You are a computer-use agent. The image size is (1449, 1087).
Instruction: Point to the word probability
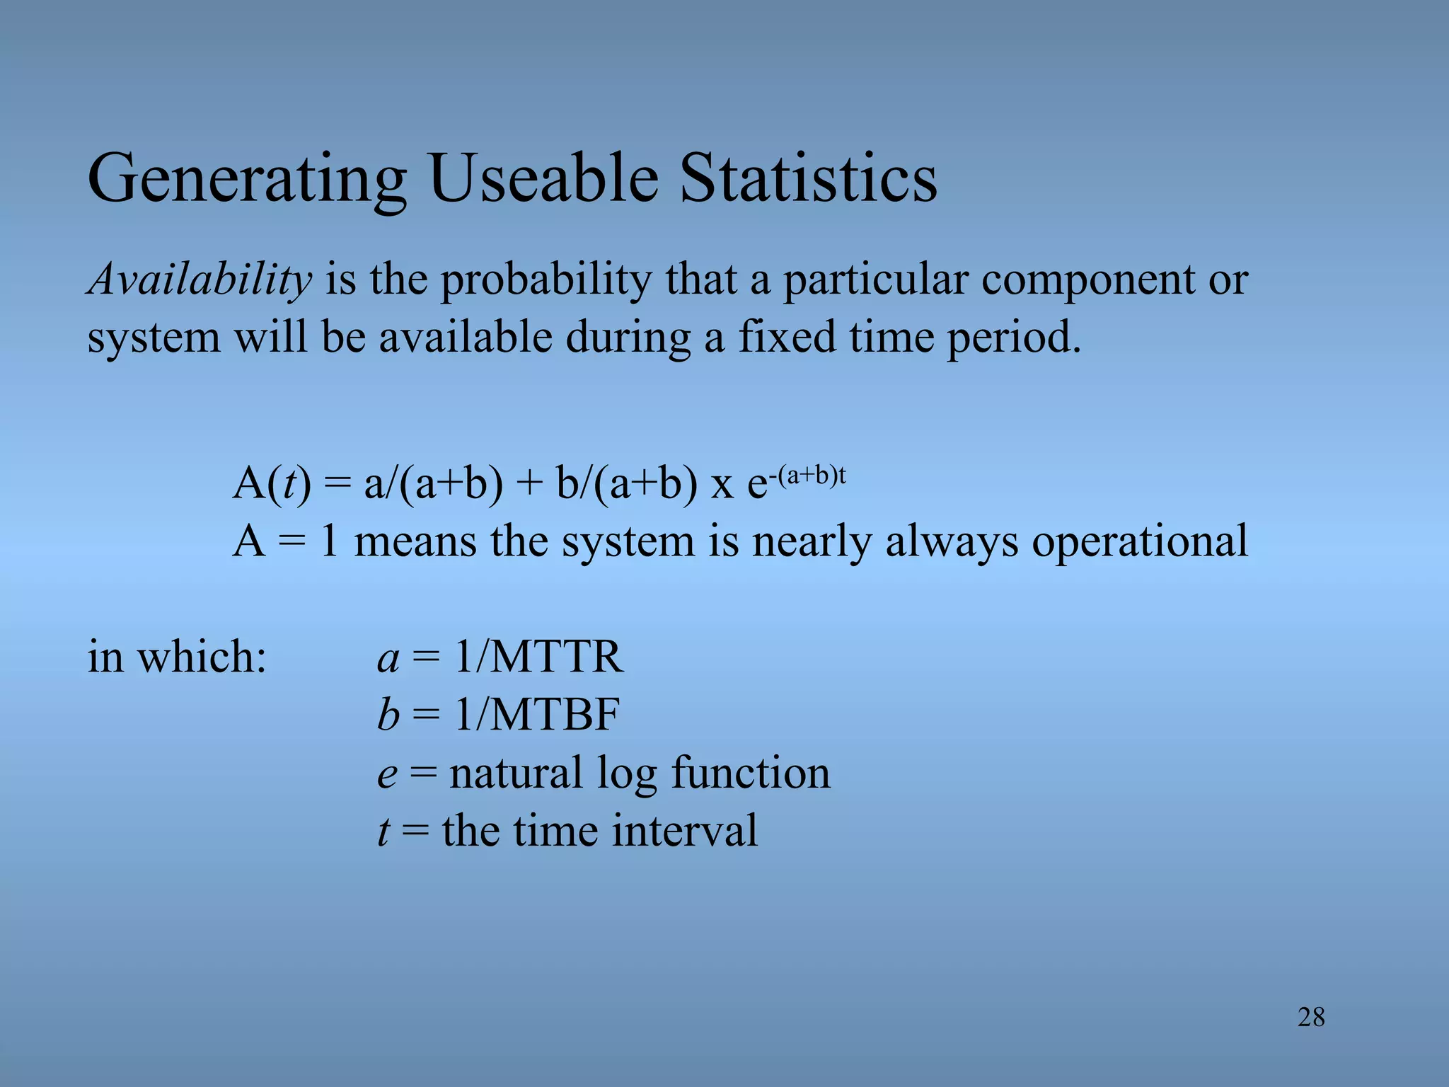pyautogui.click(x=545, y=280)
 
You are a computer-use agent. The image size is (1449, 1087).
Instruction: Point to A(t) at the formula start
pyautogui.click(x=272, y=485)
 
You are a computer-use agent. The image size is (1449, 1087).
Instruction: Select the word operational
pyautogui.click(x=1139, y=542)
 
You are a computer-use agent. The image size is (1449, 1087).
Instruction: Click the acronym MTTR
pyautogui.click(x=556, y=657)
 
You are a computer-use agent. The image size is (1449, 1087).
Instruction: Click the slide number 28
pyautogui.click(x=1311, y=1018)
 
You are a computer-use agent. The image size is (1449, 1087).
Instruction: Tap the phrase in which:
pyautogui.click(x=177, y=657)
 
